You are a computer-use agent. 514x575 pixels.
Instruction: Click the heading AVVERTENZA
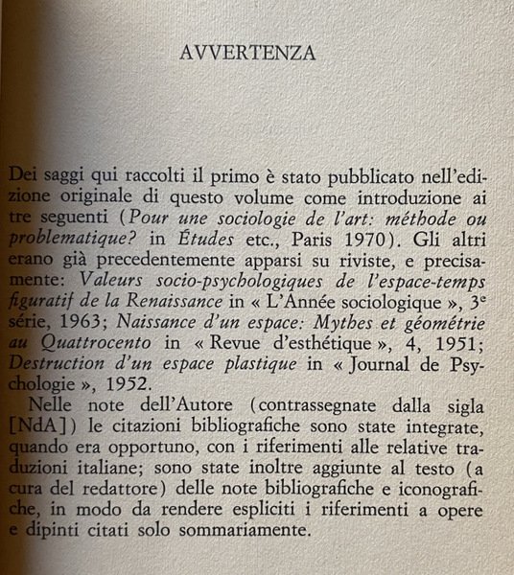tap(247, 53)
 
